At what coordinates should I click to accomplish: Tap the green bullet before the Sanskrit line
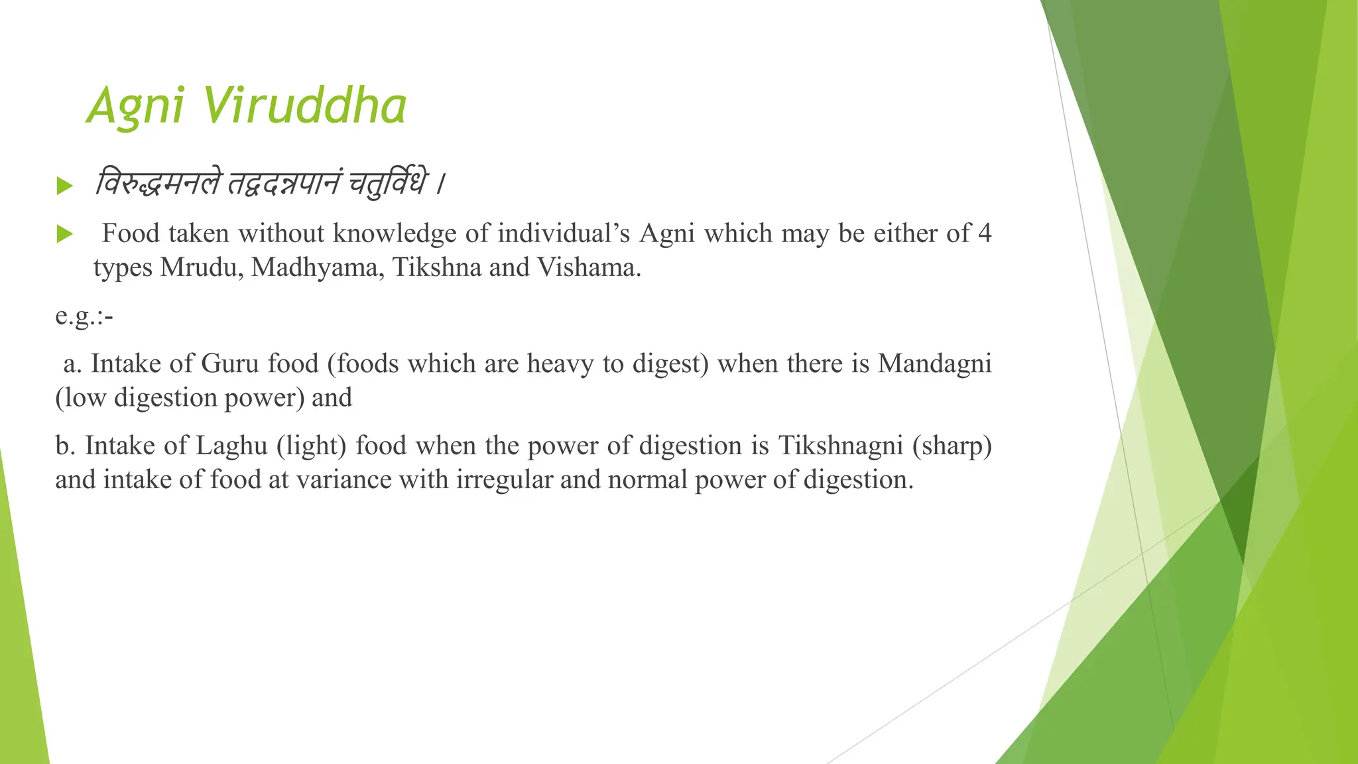[x=64, y=186]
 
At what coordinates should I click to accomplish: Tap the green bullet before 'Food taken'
[x=64, y=234]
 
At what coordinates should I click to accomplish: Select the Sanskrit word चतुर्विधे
[x=388, y=183]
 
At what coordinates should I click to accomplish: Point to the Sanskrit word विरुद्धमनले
[x=156, y=183]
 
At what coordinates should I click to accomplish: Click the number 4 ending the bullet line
[x=985, y=233]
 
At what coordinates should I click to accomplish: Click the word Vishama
[x=589, y=267]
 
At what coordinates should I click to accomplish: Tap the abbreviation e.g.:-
[x=84, y=316]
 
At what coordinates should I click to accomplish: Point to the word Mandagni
[x=934, y=363]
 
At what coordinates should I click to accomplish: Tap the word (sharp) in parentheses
[x=952, y=446]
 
